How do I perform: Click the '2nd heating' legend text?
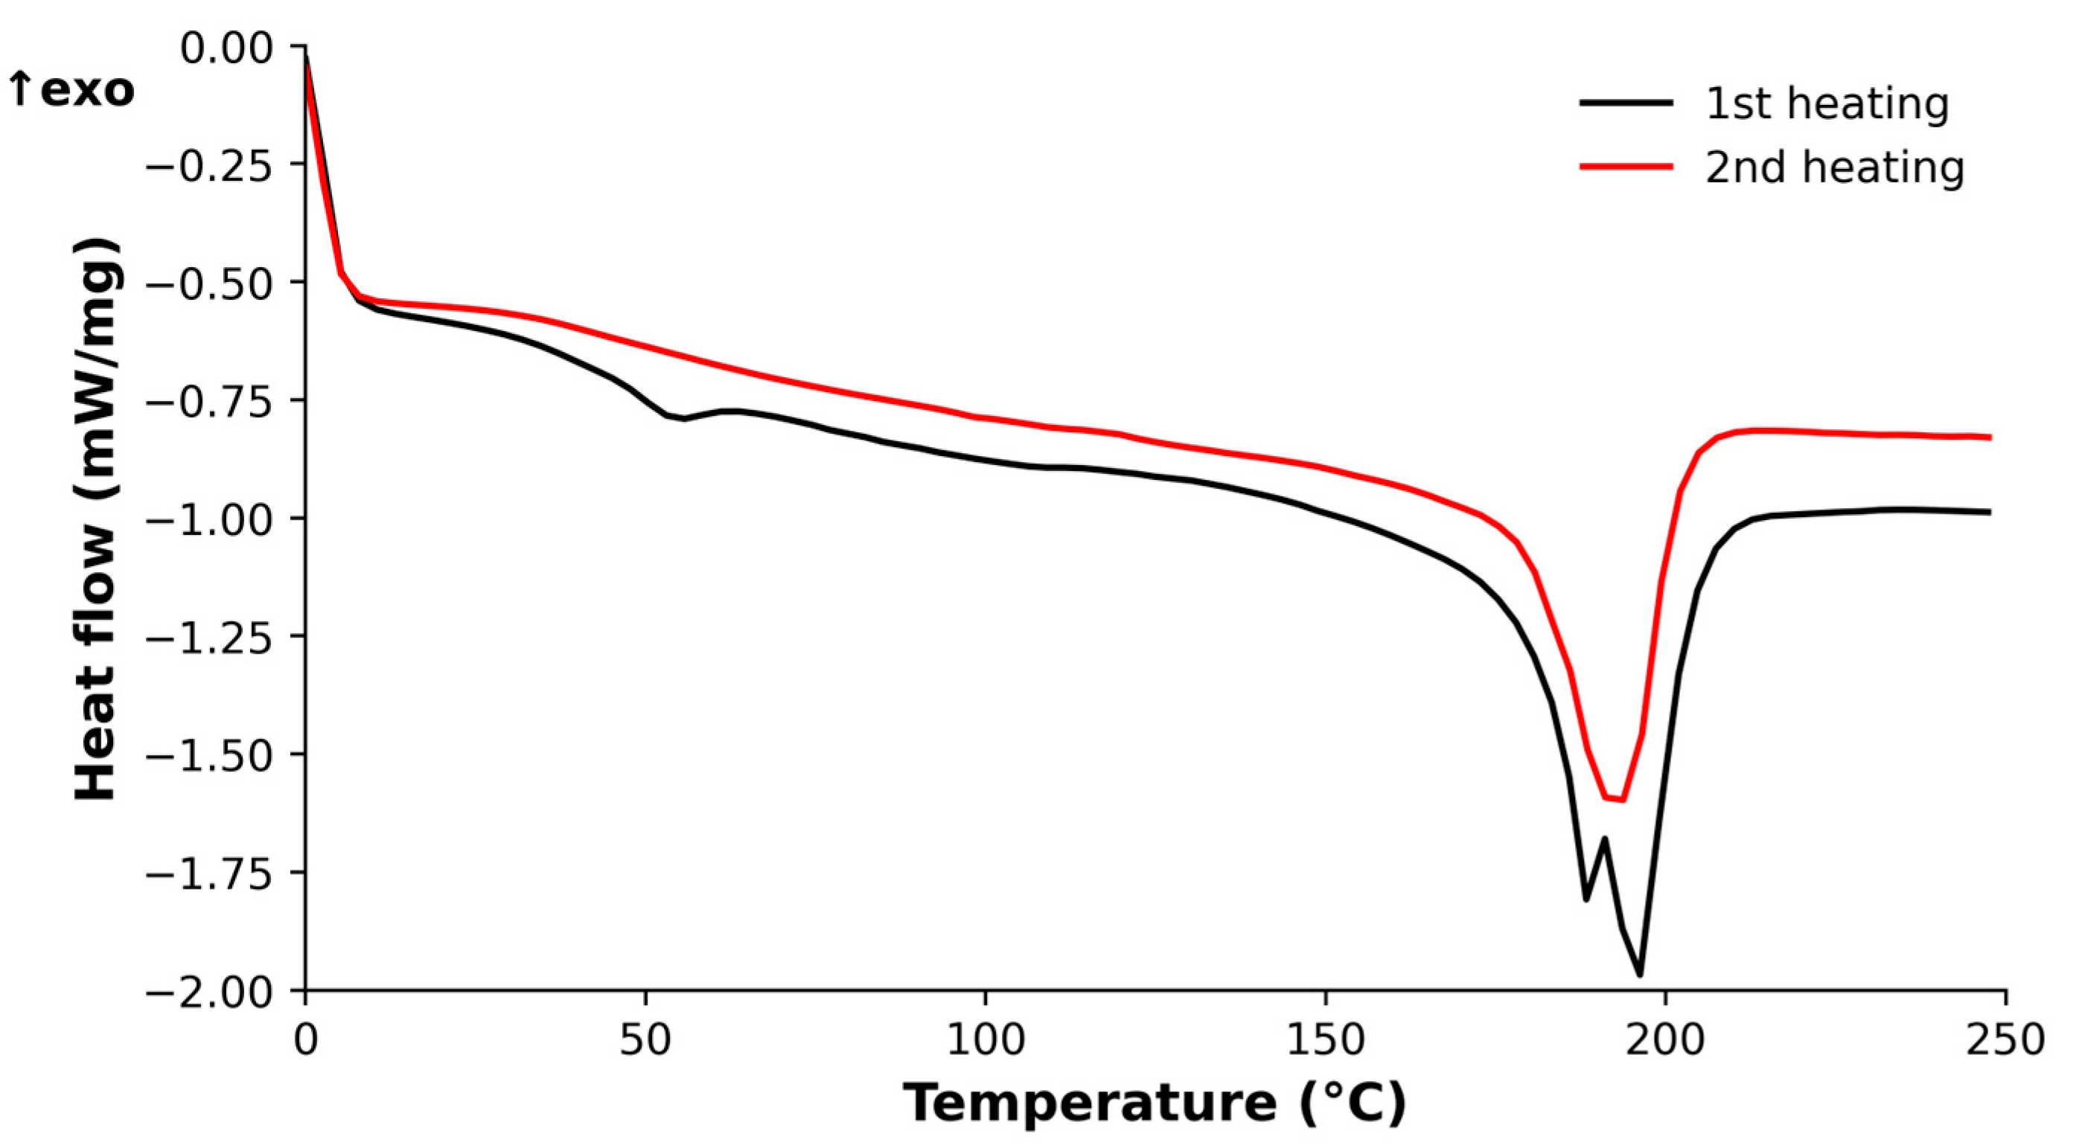point(1834,168)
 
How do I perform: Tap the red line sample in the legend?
point(1626,167)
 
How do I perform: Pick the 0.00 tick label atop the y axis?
point(227,48)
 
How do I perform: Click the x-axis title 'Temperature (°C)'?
point(1155,1103)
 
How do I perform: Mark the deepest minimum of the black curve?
point(1639,975)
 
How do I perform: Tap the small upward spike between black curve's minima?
point(1605,838)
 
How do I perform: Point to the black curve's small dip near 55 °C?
point(684,418)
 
